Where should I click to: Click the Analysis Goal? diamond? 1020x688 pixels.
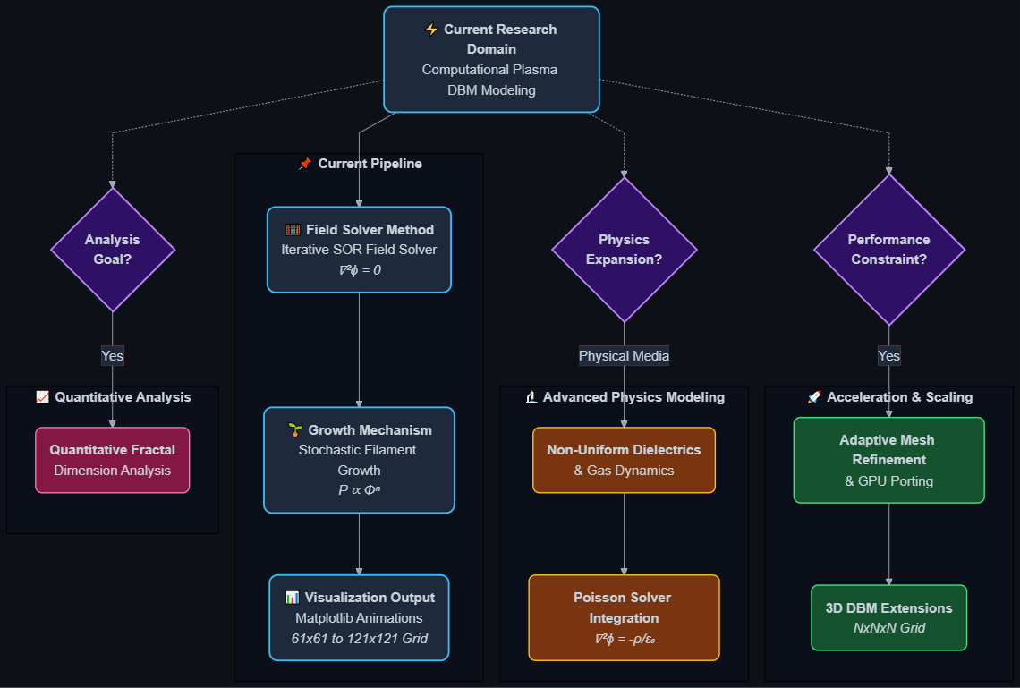coord(113,250)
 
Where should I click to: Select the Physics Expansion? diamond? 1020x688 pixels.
coord(624,250)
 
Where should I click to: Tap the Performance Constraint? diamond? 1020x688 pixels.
coord(888,250)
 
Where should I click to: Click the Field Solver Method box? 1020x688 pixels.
coord(359,250)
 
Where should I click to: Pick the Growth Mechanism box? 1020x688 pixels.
coord(359,460)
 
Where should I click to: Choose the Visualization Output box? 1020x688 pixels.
coord(359,618)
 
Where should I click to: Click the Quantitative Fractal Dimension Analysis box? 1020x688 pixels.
coord(113,460)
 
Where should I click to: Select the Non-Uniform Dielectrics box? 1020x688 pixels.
coord(624,460)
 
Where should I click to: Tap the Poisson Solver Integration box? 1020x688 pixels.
coord(624,618)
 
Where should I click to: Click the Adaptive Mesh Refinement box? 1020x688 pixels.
coord(888,460)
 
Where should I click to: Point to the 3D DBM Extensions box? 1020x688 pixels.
coord(888,618)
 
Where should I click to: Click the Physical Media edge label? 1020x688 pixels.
coord(624,356)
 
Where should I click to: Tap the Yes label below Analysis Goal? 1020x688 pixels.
coord(113,356)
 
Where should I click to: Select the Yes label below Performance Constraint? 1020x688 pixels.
coord(888,356)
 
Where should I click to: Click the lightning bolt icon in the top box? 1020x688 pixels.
coord(431,30)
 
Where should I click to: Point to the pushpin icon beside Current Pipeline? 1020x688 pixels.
coord(305,164)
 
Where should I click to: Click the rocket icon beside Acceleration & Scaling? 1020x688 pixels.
coord(814,397)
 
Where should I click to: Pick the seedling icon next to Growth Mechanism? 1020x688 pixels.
coord(295,429)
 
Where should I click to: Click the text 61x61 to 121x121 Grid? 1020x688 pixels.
coord(359,639)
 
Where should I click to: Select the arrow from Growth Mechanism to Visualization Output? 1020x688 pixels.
coord(359,544)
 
